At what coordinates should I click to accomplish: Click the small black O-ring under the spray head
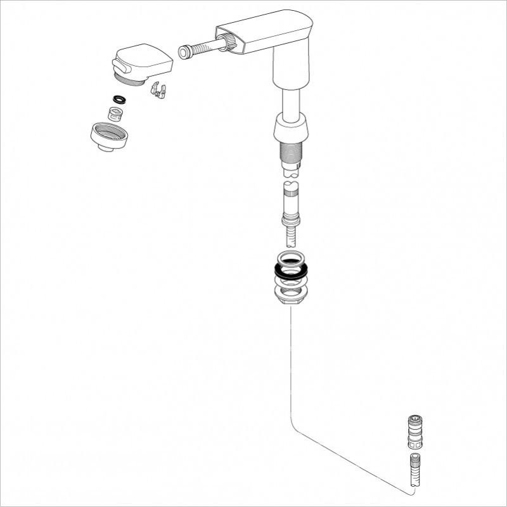[119, 99]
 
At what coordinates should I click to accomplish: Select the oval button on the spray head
[120, 65]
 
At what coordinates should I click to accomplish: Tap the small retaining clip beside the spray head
[158, 91]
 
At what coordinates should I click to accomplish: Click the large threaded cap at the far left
[110, 135]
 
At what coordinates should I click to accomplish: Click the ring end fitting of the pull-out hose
[185, 52]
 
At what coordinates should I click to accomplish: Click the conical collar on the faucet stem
[290, 129]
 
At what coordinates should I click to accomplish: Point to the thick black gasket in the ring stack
[291, 269]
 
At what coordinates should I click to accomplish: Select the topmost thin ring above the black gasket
[291, 258]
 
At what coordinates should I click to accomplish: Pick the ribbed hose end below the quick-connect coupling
[414, 469]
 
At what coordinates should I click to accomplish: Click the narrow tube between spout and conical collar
[290, 101]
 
